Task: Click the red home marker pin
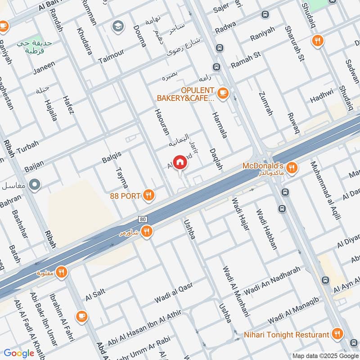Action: point(180,162)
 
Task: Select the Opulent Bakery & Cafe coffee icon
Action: point(222,94)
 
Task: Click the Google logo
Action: point(19,353)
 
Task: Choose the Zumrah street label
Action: point(266,103)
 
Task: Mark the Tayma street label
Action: point(121,178)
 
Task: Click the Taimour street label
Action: point(111,56)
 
